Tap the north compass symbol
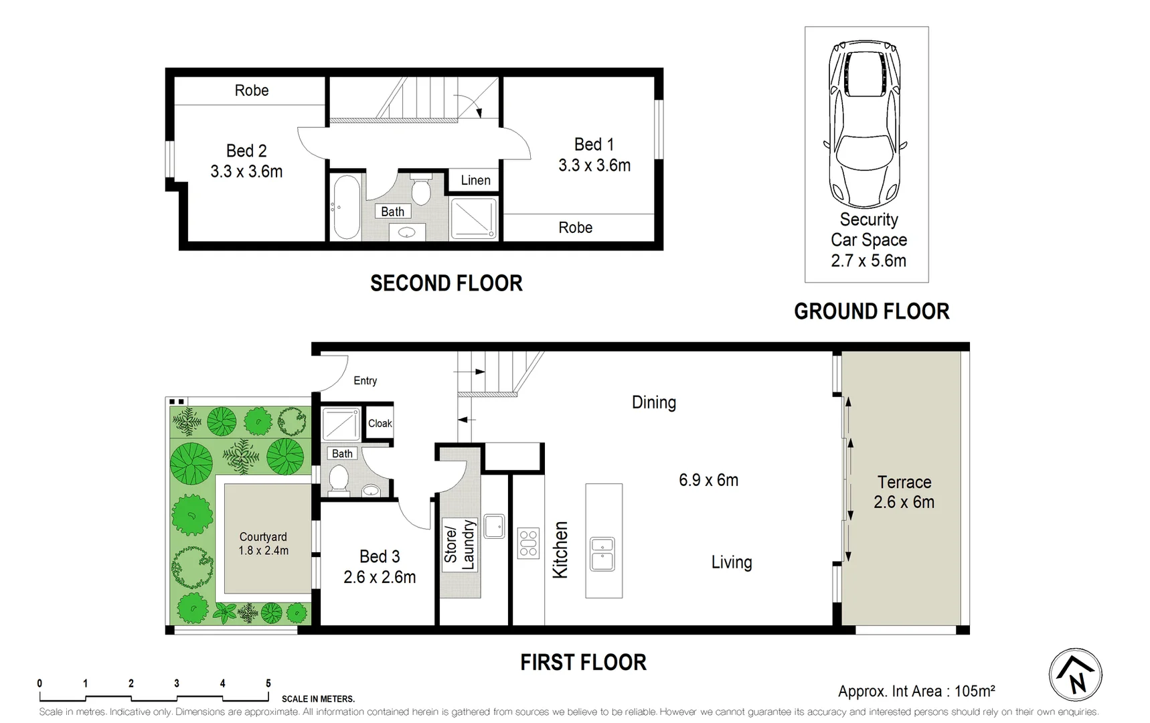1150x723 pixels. [x=1075, y=675]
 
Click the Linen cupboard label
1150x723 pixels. [x=475, y=180]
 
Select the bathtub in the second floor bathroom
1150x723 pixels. [x=347, y=207]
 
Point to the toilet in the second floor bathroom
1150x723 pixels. [x=420, y=190]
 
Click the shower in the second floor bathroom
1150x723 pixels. [x=473, y=218]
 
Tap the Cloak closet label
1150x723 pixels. [x=380, y=423]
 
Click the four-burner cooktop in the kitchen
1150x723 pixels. [x=528, y=543]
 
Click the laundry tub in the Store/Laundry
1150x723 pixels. [x=494, y=526]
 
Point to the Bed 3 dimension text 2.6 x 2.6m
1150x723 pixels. [x=380, y=577]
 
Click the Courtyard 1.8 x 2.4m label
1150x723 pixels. [x=263, y=544]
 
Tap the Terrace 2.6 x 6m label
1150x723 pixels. [x=904, y=492]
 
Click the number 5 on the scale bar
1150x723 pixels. [x=268, y=684]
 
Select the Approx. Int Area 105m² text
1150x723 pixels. [x=916, y=691]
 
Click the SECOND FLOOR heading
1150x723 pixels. [x=446, y=283]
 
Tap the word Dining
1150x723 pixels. [x=653, y=402]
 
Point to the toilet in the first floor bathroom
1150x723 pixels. [x=339, y=480]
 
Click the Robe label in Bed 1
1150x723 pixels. [x=575, y=228]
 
